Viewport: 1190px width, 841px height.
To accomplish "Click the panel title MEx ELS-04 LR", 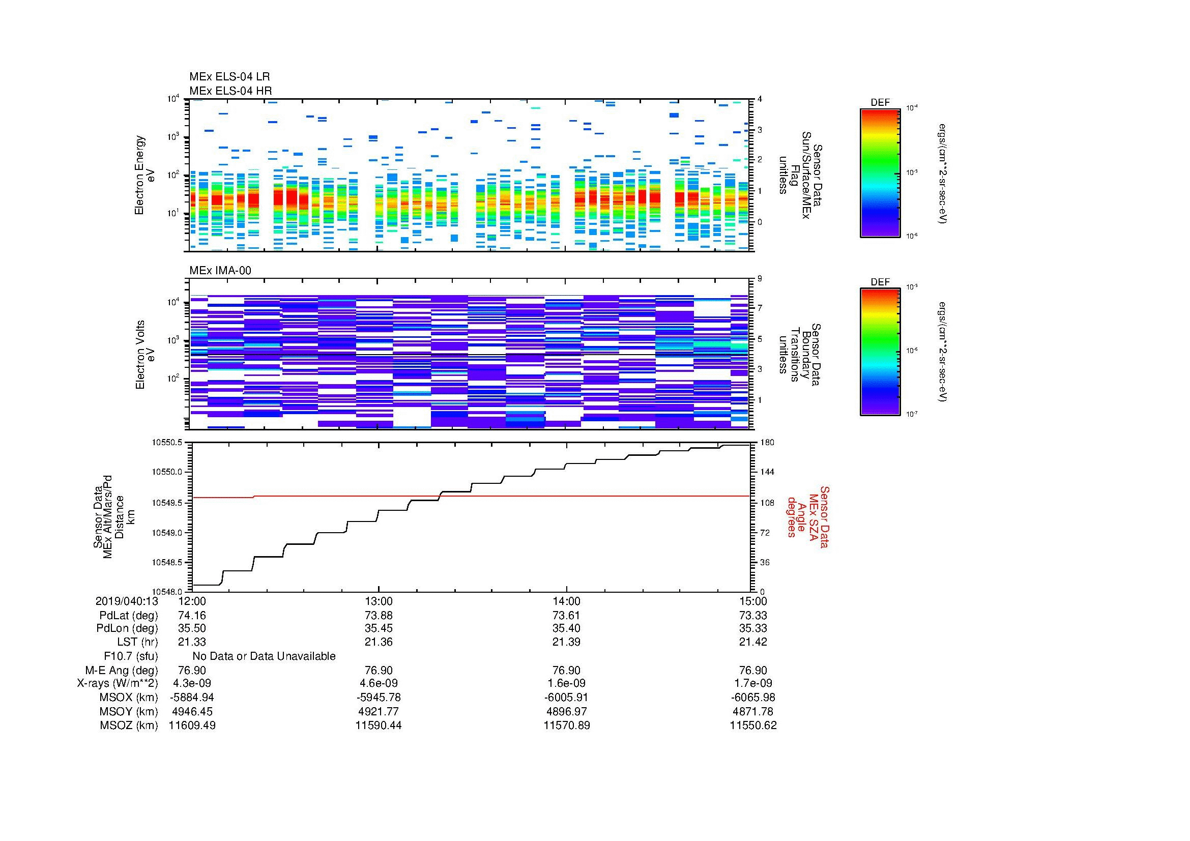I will (229, 77).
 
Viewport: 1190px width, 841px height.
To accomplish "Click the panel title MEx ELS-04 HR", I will (230, 91).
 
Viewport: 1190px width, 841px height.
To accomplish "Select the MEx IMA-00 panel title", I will (220, 271).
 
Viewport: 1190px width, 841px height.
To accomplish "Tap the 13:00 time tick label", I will (379, 601).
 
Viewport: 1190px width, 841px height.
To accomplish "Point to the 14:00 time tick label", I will (566, 601).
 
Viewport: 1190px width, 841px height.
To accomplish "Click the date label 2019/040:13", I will (127, 601).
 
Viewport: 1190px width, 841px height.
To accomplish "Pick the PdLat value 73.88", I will (379, 616).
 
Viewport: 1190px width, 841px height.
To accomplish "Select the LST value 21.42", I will (753, 642).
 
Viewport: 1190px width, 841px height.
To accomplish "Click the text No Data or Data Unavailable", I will (264, 656).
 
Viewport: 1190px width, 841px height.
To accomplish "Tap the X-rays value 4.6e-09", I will (379, 683).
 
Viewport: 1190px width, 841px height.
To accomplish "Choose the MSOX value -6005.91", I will (566, 698).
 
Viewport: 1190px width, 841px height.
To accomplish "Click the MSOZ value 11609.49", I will (192, 726).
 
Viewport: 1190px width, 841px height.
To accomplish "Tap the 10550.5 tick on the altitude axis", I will (166, 443).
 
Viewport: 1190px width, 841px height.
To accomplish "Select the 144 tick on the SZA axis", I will (767, 472).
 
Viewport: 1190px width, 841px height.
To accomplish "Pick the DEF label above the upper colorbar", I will (880, 103).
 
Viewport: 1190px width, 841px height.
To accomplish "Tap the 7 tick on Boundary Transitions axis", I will (760, 308).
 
